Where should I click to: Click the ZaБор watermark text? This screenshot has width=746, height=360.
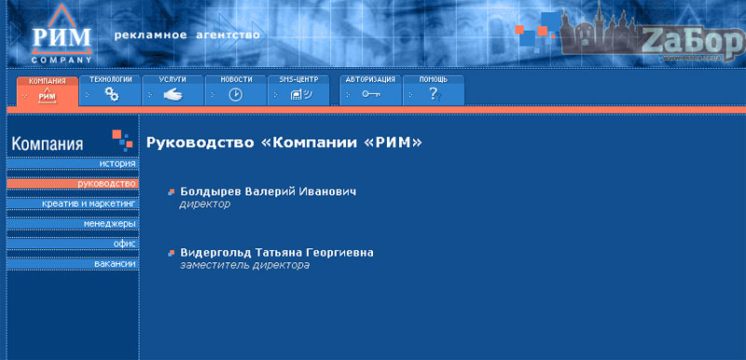(x=691, y=42)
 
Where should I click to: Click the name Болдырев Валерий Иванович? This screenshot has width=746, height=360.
(x=268, y=191)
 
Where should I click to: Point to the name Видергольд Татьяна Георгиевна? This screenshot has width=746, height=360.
(x=276, y=253)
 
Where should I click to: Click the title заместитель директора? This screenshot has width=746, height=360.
(x=244, y=266)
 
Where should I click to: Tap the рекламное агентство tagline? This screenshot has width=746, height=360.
(x=186, y=35)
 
